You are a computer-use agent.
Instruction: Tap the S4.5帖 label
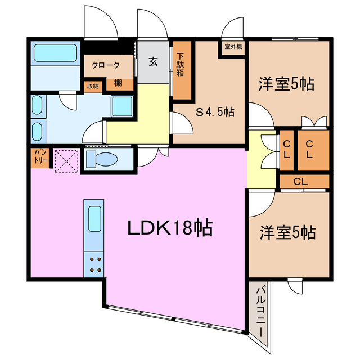click(215, 112)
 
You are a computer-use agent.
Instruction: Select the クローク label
click(106, 65)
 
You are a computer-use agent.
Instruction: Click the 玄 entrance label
click(153, 62)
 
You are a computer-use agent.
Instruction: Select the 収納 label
click(92, 86)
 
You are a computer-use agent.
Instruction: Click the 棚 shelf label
click(118, 84)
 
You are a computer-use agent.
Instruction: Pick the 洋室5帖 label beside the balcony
click(287, 232)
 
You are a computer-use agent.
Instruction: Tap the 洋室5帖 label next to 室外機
click(286, 85)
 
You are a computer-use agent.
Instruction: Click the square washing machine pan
click(121, 106)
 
